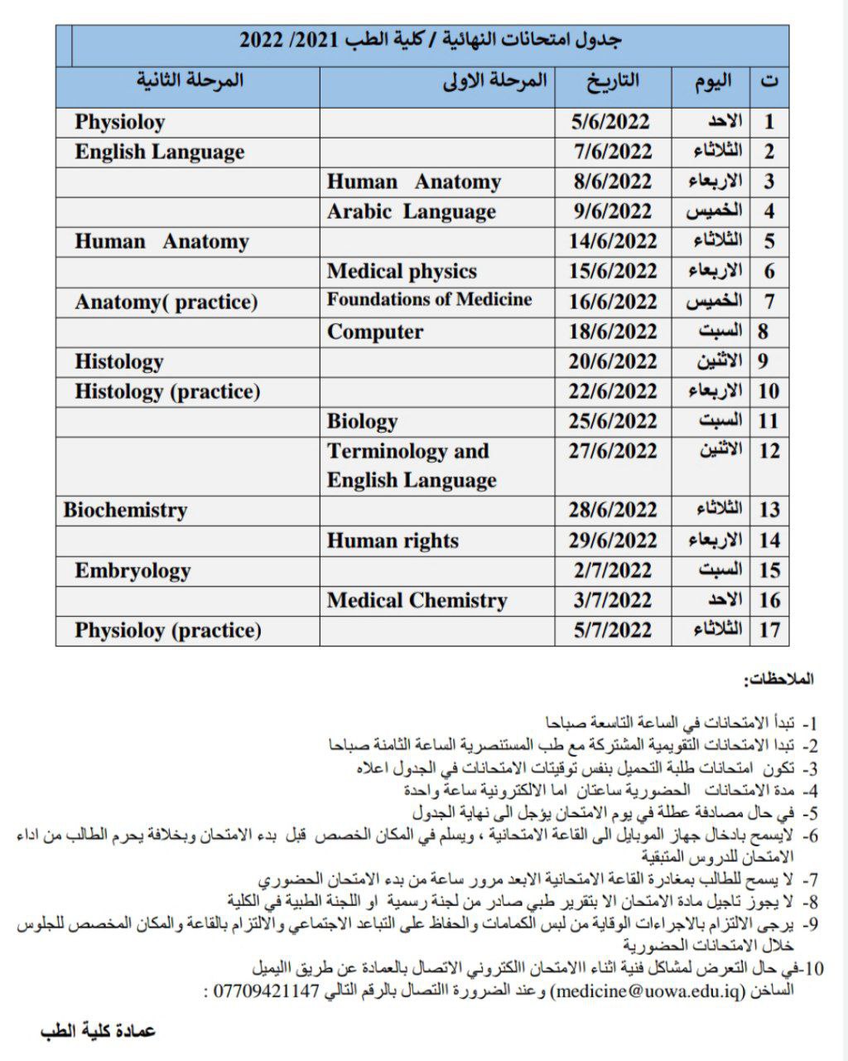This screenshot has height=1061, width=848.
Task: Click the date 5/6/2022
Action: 611,122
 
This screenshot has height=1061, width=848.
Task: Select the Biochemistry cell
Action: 125,510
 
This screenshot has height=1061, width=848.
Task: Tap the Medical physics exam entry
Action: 402,271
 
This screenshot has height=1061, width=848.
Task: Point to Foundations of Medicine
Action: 429,300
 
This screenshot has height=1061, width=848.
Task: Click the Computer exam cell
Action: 375,332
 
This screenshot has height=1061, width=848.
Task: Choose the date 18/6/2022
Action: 612,332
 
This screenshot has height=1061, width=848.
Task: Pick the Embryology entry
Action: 132,570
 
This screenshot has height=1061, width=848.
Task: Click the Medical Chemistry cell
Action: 417,600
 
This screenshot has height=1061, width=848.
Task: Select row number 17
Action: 769,630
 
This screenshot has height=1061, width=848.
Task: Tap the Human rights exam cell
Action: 393,540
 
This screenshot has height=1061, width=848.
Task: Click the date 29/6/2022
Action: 612,540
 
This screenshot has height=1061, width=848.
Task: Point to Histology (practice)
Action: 167,391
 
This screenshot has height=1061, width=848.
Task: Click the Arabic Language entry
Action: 412,211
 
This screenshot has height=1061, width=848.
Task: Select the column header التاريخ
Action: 613,80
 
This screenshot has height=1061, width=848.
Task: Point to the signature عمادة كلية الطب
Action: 98,1030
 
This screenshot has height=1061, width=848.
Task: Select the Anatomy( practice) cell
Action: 166,302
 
